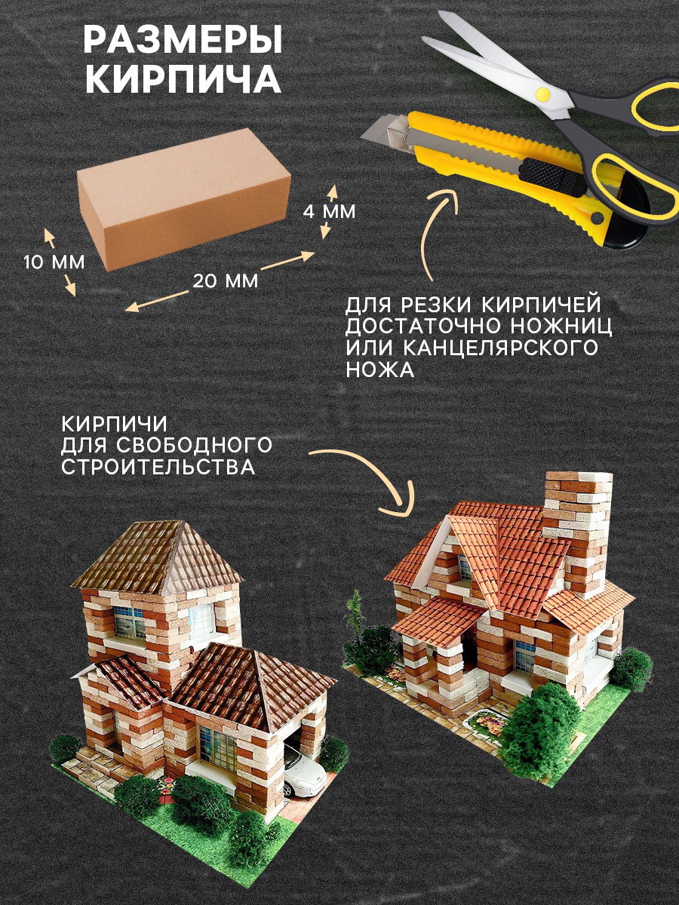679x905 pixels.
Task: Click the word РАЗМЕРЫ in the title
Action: tap(183, 40)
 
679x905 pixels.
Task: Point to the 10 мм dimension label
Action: tap(54, 262)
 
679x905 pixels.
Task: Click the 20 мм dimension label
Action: tap(225, 281)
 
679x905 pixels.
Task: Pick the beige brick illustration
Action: tap(184, 198)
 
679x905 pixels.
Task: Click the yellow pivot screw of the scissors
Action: tap(544, 94)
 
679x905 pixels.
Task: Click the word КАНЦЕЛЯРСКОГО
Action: tap(499, 348)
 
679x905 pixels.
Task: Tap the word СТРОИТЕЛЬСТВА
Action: tap(158, 467)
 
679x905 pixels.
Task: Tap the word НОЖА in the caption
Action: tap(379, 370)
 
